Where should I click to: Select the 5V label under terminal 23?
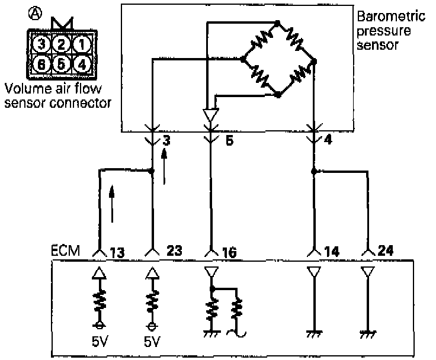(153, 342)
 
